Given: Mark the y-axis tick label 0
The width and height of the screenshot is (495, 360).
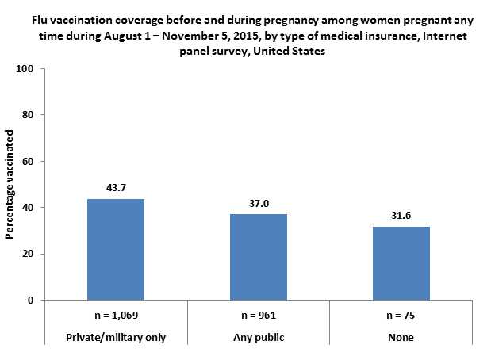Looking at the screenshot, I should pos(29,301).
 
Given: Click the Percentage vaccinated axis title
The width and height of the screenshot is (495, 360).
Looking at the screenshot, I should pos(10,185).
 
